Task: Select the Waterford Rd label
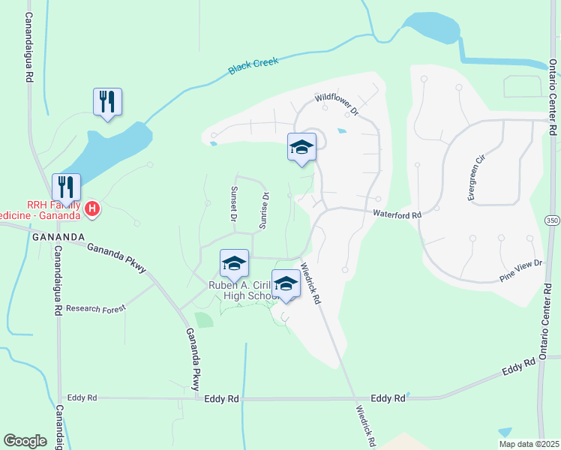(x=397, y=214)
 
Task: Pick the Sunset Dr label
(x=233, y=204)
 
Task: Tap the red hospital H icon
(x=91, y=208)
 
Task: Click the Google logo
(x=25, y=440)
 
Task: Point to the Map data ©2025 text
(x=529, y=443)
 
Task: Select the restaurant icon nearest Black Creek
(x=107, y=100)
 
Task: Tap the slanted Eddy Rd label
(x=518, y=367)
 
